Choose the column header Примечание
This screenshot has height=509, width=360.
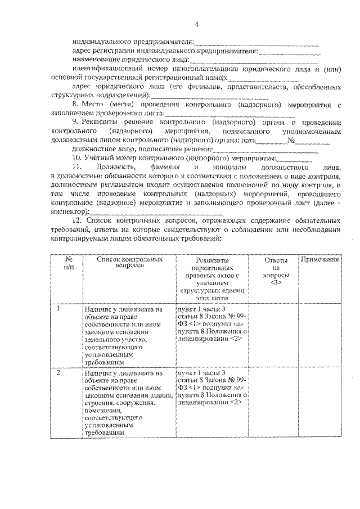click(x=319, y=259)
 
